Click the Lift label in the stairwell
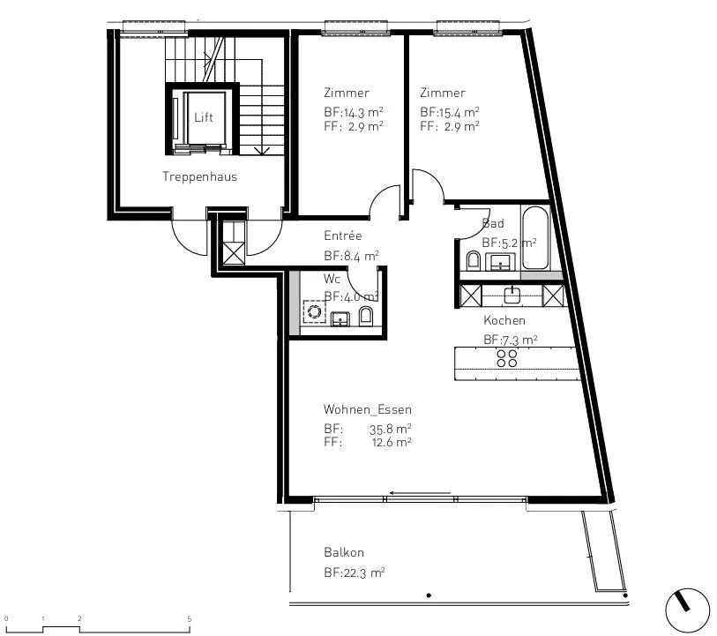click(204, 117)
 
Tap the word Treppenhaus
click(200, 177)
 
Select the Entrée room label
click(342, 236)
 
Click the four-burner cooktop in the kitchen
click(506, 358)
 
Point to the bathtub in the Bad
click(534, 238)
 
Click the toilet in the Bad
click(473, 260)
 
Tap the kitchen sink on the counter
click(512, 295)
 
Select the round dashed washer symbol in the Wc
click(315, 312)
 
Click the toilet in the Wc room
click(366, 316)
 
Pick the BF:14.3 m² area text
click(354, 112)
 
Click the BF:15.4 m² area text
click(450, 112)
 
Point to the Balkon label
click(344, 552)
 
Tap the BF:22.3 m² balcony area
click(355, 572)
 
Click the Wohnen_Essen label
click(367, 409)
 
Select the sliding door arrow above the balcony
click(420, 493)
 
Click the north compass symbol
click(687, 610)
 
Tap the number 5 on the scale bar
click(190, 619)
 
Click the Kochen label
click(504, 320)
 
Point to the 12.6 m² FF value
click(392, 442)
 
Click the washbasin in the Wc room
click(340, 318)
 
